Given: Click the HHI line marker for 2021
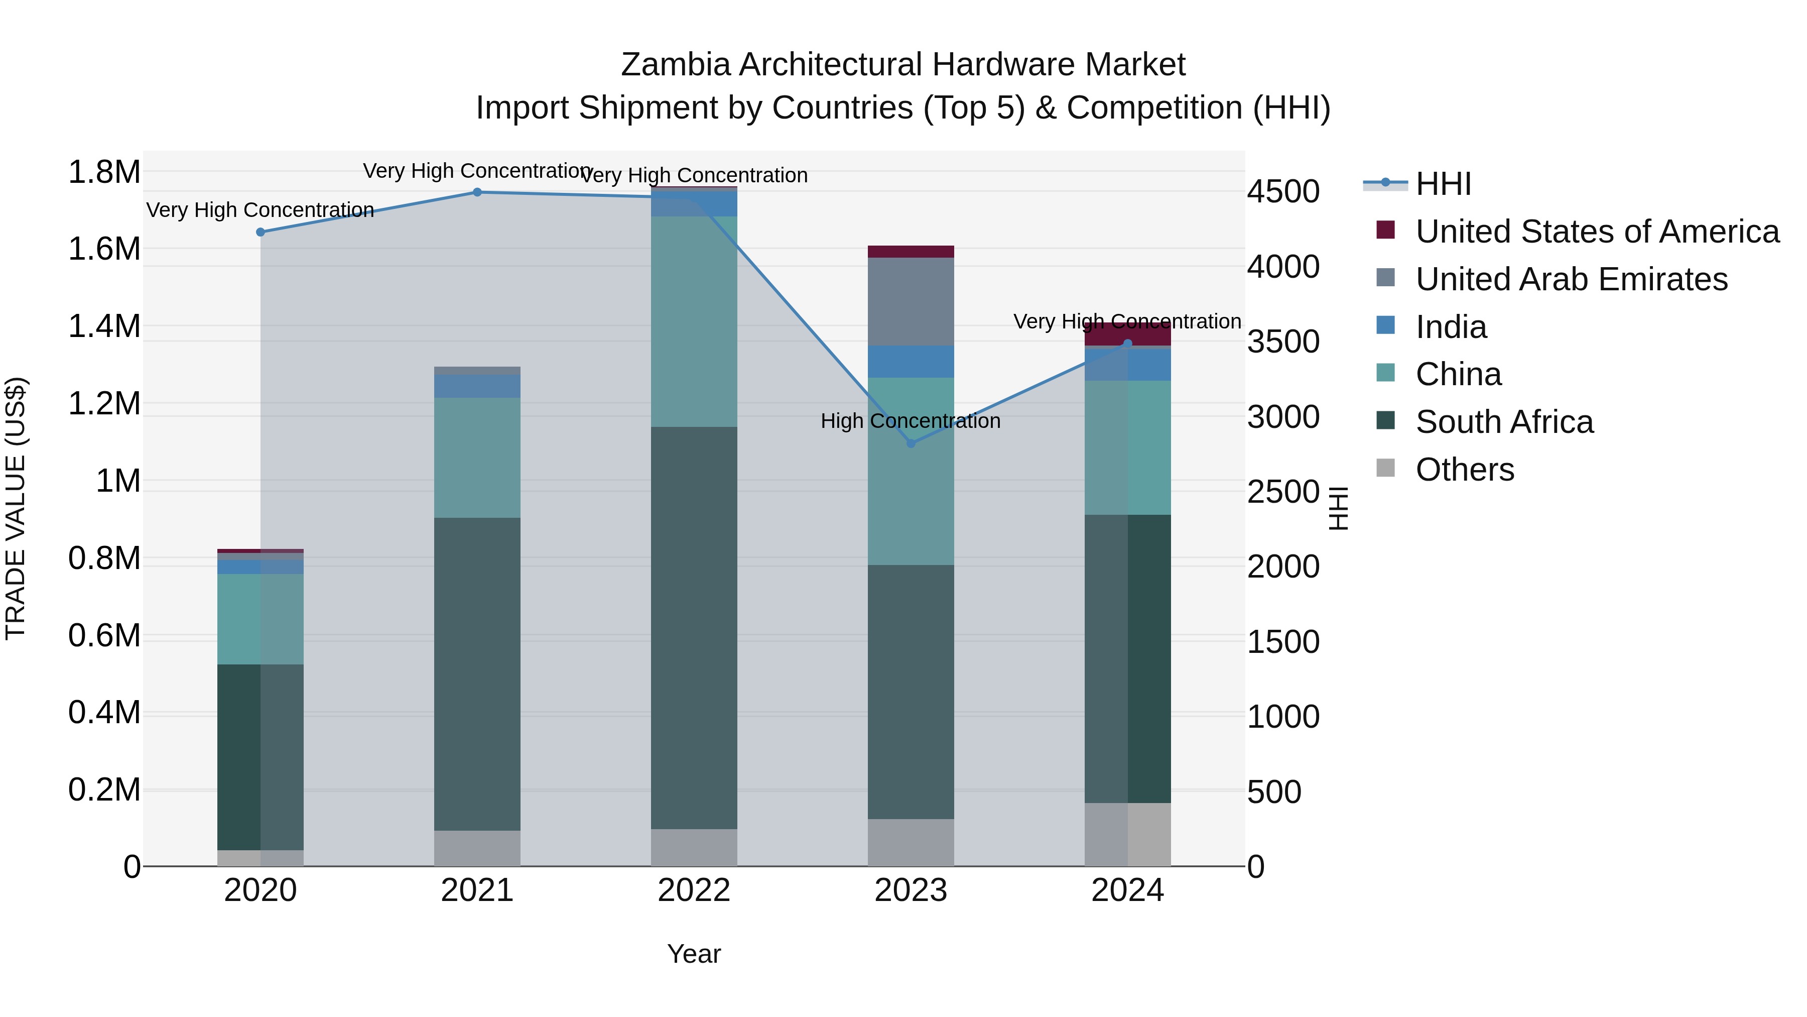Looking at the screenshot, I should [477, 192].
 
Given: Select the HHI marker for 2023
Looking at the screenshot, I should [911, 443].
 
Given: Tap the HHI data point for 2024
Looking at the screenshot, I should [1127, 343].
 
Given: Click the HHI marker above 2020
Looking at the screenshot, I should [260, 233].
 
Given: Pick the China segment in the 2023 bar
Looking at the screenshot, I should [911, 471].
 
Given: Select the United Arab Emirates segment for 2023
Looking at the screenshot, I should [911, 301].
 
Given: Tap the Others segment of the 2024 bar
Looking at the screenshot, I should [1127, 835].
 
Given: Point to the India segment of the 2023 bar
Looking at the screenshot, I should [911, 362].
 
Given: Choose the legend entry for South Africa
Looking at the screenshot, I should [1504, 422].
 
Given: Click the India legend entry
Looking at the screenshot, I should [1451, 327].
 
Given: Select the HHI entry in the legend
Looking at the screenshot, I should [1443, 184].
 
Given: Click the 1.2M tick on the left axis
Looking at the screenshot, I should [104, 404].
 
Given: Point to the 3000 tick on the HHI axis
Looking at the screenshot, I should [1283, 417].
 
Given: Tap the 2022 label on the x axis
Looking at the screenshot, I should [694, 890].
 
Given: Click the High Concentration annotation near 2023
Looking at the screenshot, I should [911, 421].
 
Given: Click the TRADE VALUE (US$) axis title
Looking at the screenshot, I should [16, 508].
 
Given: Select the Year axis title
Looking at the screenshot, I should [694, 954].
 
